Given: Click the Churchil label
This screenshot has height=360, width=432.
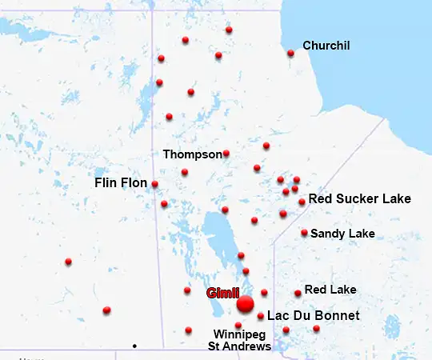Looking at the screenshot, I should (326, 46).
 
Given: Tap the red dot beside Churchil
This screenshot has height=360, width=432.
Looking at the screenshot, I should (290, 54).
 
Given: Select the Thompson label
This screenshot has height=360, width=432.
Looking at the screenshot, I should (192, 154).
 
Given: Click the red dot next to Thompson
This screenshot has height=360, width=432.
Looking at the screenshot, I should (226, 154).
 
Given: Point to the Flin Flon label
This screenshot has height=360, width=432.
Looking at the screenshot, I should (121, 183).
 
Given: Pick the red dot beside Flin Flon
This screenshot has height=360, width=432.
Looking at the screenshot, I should (154, 184).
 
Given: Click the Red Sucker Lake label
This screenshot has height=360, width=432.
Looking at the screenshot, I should (360, 198).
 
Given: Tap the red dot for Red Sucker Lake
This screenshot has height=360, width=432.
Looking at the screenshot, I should (302, 202).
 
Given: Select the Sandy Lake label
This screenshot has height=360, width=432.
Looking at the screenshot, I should (342, 234).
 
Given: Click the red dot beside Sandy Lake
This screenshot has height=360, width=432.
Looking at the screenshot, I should (304, 233).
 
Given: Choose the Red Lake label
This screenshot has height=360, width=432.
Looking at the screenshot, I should (330, 289).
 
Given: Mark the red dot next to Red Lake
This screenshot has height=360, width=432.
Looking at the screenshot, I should (298, 294).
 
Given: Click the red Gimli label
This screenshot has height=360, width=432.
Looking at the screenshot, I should (223, 293).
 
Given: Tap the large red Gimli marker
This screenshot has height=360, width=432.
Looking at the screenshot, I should (246, 304).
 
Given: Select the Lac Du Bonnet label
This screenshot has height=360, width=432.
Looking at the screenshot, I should (313, 316).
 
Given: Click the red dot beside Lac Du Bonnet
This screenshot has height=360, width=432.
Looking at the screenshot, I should (261, 316).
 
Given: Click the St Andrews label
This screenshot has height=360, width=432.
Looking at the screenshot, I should (240, 346).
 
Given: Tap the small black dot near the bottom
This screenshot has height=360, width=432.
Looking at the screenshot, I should (134, 346).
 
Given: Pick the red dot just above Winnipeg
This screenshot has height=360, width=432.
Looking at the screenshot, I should (238, 325).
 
